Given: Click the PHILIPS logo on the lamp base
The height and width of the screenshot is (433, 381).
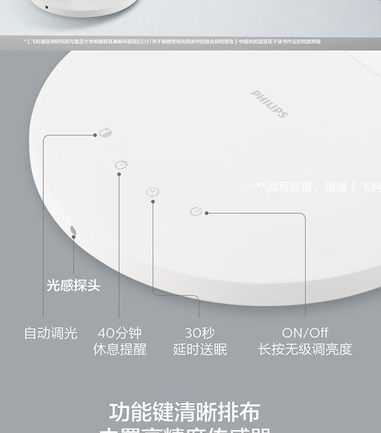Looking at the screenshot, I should click(270, 103).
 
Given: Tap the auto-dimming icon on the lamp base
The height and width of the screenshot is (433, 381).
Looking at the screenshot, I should click(106, 133).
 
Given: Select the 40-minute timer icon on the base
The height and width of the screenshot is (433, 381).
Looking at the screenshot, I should click(121, 165).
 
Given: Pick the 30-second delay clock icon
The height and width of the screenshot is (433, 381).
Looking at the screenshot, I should click(152, 192).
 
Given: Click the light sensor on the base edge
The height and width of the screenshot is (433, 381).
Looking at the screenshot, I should click(73, 232).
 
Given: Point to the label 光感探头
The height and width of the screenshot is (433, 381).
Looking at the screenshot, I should click(74, 285).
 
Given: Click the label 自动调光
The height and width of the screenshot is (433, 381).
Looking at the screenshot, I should click(51, 333).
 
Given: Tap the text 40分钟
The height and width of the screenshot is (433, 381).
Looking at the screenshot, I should click(119, 333).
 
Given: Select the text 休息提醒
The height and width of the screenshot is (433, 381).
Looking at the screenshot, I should click(119, 349).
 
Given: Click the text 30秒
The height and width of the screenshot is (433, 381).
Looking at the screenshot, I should click(200, 333).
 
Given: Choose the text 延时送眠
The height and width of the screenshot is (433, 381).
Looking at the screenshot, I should click(200, 349).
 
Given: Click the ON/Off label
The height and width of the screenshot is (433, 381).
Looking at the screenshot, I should click(305, 333).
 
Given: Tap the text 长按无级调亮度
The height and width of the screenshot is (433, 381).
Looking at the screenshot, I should click(305, 349).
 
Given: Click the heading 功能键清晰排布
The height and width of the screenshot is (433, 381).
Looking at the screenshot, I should click(185, 412).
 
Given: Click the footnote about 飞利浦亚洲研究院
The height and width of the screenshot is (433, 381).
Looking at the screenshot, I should click(173, 42).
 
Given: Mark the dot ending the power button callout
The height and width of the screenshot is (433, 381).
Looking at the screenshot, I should click(207, 213).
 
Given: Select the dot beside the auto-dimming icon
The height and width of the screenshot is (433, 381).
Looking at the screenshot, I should click(95, 135).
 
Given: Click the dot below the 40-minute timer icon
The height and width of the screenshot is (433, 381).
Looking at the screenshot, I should click(119, 174).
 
